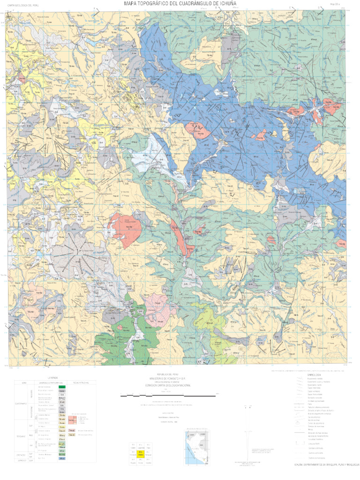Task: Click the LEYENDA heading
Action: (x=53, y=377)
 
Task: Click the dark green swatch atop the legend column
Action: (x=61, y=387)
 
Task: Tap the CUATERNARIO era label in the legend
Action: (x=21, y=403)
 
